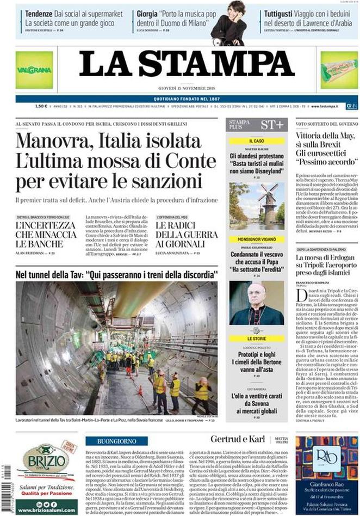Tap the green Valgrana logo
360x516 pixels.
click(x=34, y=70)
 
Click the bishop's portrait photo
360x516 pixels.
click(x=256, y=303)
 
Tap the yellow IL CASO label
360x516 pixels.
click(x=255, y=141)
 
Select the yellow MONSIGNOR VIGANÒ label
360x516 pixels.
click(x=255, y=238)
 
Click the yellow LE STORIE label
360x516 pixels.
click(x=255, y=339)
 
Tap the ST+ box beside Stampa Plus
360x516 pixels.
click(x=271, y=125)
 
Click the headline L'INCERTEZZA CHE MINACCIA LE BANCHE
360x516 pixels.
click(x=45, y=234)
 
